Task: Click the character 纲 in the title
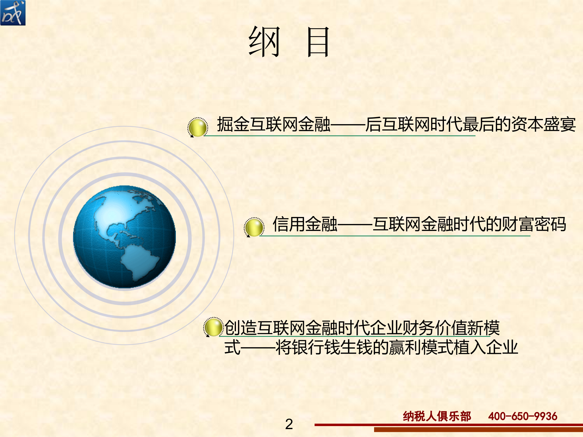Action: pyautogui.click(x=264, y=42)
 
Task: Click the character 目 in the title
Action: pyautogui.click(x=318, y=42)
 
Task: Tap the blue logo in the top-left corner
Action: pyautogui.click(x=13, y=13)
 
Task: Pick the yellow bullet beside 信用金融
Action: pyautogui.click(x=254, y=227)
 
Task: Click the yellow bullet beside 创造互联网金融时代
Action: pyautogui.click(x=213, y=327)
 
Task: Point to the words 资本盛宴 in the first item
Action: pyautogui.click(x=544, y=124)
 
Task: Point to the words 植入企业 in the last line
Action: pyautogui.click(x=486, y=347)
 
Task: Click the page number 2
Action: pyautogui.click(x=289, y=424)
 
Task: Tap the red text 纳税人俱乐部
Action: pyautogui.click(x=437, y=416)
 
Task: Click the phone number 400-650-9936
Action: pyautogui.click(x=523, y=416)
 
